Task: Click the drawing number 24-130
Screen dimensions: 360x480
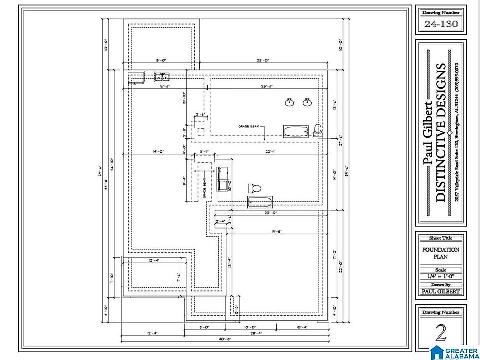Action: tap(441, 24)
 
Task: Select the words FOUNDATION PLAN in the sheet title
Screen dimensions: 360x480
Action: tap(441, 253)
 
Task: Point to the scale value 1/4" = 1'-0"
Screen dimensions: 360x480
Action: tap(441, 276)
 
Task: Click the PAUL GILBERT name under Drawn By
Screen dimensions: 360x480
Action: tap(441, 292)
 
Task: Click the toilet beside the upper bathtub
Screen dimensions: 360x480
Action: tap(318, 130)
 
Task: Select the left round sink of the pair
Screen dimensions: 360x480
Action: tap(289, 103)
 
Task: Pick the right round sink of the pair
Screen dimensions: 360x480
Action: tap(307, 103)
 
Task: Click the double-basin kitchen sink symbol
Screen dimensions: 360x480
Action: tap(162, 77)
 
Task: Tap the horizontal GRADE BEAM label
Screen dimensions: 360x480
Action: tap(249, 127)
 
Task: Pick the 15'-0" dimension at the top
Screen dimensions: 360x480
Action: tap(160, 60)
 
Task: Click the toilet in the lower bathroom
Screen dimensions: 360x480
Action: tap(255, 188)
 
